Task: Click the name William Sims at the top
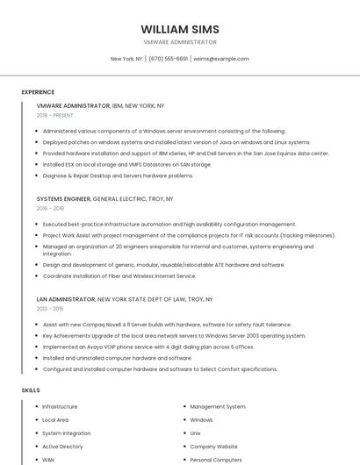click(180, 29)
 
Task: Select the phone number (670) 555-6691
click(168, 59)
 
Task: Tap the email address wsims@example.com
click(221, 59)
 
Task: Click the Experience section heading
click(38, 92)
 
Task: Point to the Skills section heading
click(30, 390)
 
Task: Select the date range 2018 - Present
click(55, 116)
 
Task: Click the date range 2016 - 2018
click(50, 209)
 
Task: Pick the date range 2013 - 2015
click(50, 309)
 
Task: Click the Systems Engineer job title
click(63, 199)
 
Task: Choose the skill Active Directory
click(62, 447)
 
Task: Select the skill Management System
click(218, 407)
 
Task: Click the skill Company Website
click(213, 447)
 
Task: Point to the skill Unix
click(195, 433)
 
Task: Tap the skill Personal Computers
click(216, 460)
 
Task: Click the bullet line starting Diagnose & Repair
click(118, 175)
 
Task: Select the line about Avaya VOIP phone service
click(148, 347)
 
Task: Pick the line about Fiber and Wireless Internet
click(119, 275)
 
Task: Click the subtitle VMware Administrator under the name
click(180, 42)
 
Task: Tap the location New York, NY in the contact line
click(126, 59)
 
